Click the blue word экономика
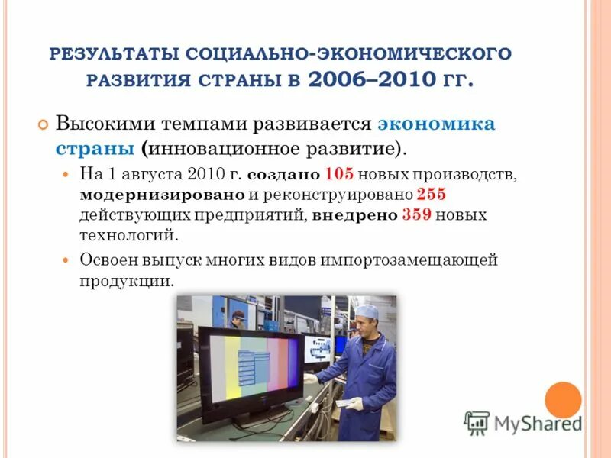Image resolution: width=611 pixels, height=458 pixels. [x=436, y=124]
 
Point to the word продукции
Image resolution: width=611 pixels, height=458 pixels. [x=125, y=281]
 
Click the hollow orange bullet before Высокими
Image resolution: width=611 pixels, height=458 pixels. [x=43, y=124]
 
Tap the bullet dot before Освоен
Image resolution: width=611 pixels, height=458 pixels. [x=65, y=260]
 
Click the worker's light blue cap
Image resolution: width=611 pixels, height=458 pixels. [x=370, y=311]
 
